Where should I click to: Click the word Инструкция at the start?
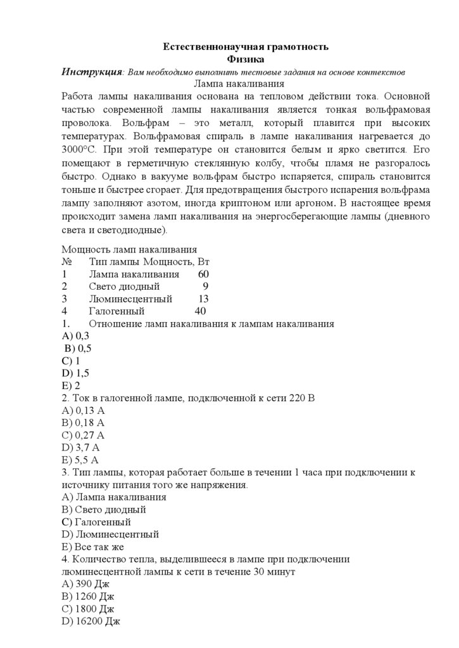click(92, 72)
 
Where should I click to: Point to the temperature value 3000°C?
click(79, 150)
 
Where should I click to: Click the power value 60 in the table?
click(203, 274)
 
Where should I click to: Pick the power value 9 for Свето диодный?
click(205, 286)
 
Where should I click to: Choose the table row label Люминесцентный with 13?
click(131, 299)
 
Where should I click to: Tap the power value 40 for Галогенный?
click(200, 311)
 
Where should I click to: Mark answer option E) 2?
click(71, 385)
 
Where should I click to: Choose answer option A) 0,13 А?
click(83, 410)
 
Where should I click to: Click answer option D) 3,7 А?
click(80, 447)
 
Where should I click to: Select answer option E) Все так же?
click(92, 547)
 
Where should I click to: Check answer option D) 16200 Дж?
click(91, 621)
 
